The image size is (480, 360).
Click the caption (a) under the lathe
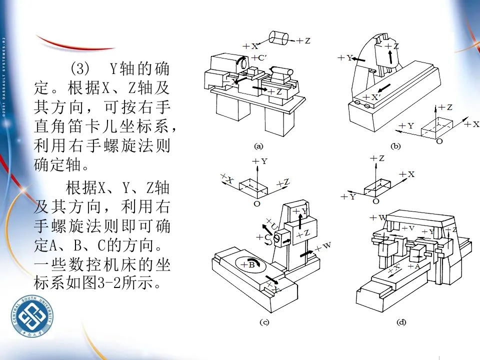coord(258,146)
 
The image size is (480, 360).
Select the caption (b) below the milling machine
coord(396,146)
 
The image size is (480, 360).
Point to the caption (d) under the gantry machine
coord(401,322)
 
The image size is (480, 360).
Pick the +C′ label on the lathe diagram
coord(260,57)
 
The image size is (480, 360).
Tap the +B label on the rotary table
coord(248,264)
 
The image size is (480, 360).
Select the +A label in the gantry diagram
coord(414,266)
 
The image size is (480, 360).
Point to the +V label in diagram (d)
coord(408,228)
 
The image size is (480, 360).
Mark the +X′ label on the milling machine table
coord(372,97)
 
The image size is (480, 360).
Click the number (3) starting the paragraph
coord(79,68)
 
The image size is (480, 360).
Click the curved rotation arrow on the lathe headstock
coord(242,62)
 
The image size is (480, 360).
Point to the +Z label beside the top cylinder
coord(303,41)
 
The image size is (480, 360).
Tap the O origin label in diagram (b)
coord(439,141)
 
